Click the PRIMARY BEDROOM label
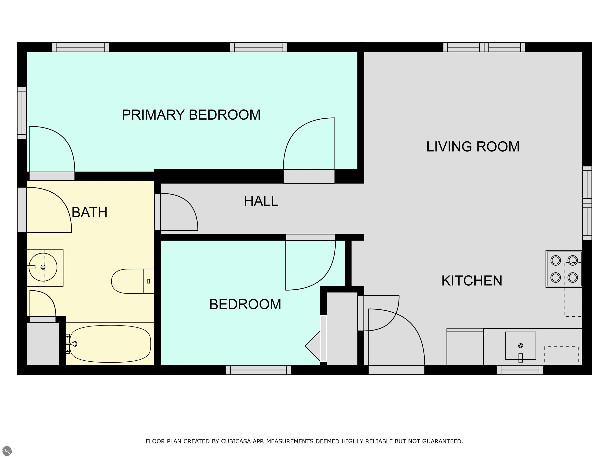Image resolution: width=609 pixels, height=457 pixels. [191, 115]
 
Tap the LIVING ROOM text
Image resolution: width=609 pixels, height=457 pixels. [473, 147]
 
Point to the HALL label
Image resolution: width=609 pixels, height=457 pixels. [261, 201]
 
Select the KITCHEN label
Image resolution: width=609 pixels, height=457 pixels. [472, 281]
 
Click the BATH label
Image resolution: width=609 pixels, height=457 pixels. [89, 212]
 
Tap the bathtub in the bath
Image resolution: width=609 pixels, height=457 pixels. [110, 344]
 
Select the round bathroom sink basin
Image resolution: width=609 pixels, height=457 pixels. [43, 267]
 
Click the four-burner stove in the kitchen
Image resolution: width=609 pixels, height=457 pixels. [564, 269]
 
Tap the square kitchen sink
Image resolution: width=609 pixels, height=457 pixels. [520, 346]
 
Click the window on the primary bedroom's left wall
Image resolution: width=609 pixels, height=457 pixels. [22, 113]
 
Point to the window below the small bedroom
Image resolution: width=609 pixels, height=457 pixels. [259, 370]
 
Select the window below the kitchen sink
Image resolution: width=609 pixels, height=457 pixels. [520, 370]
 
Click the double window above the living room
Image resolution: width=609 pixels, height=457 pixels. [484, 47]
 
